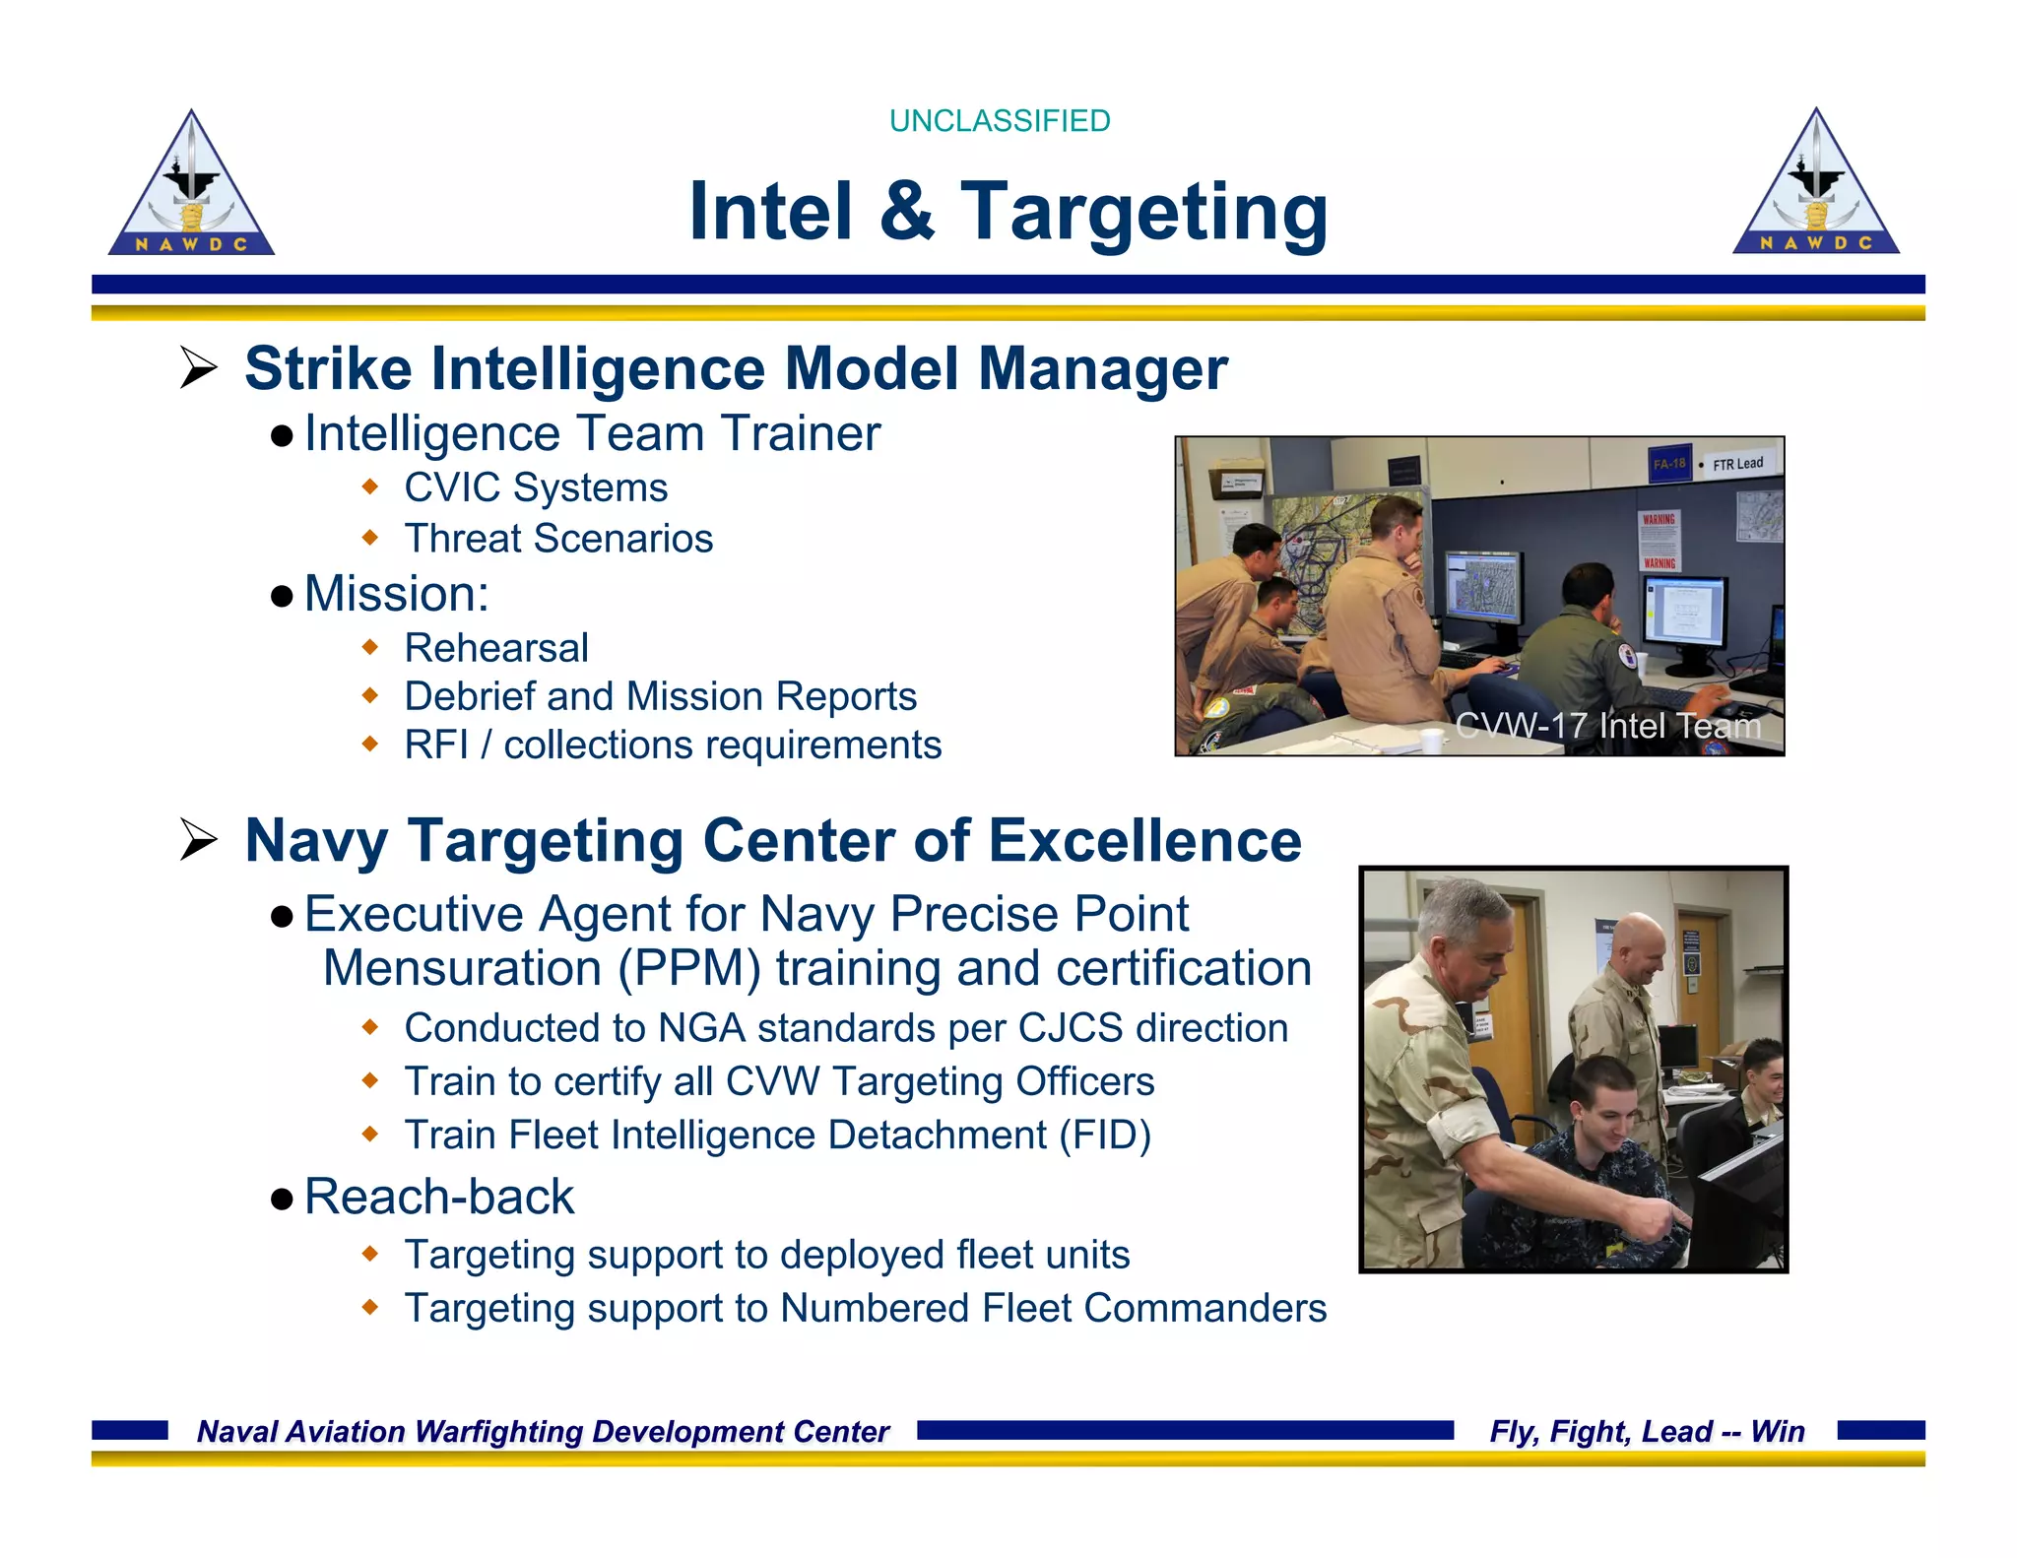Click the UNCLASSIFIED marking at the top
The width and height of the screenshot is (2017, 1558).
[x=999, y=121]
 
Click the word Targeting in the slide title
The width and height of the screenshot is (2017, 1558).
[x=1143, y=213]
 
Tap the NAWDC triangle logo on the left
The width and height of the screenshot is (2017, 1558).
[x=191, y=187]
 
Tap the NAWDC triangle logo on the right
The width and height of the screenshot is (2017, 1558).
[x=1815, y=186]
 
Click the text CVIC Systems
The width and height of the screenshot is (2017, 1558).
[x=536, y=487]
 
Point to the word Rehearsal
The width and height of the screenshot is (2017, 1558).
[x=496, y=648]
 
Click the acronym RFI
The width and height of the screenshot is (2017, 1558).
[x=435, y=746]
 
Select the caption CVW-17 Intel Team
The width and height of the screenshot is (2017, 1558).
[x=1607, y=726]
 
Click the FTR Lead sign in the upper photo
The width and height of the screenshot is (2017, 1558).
[x=1736, y=464]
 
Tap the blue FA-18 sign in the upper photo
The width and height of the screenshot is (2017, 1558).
[x=1669, y=464]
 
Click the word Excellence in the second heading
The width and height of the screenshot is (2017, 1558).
[x=1144, y=841]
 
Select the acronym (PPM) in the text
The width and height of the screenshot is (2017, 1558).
[x=689, y=969]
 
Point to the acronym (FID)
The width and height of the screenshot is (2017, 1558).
[x=1104, y=1136]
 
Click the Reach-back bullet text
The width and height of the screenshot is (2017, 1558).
[x=439, y=1197]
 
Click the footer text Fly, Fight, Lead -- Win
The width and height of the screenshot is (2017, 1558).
[x=1647, y=1431]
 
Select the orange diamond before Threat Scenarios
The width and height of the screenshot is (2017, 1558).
[x=370, y=538]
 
